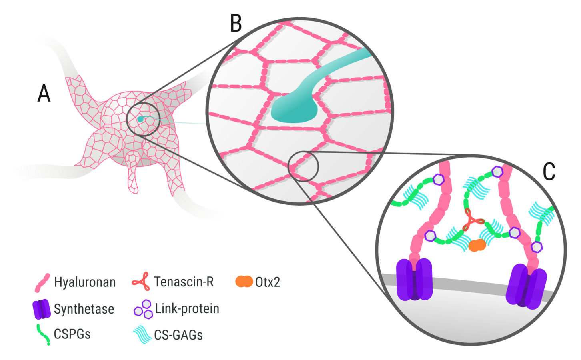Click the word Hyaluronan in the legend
click(85, 282)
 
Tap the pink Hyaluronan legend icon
click(42, 282)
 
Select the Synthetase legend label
click(84, 309)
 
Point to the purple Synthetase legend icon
click(42, 309)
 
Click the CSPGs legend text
click(72, 334)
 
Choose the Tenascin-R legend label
click(184, 282)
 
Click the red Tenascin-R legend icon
click(141, 282)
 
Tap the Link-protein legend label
click(187, 309)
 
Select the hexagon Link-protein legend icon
click(143, 309)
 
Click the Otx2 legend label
click(268, 282)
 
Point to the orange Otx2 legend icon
click(244, 282)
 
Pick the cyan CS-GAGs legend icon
click(143, 334)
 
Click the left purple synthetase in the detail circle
click(414, 279)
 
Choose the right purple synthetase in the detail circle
click(527, 286)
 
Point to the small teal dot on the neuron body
click(140, 119)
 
